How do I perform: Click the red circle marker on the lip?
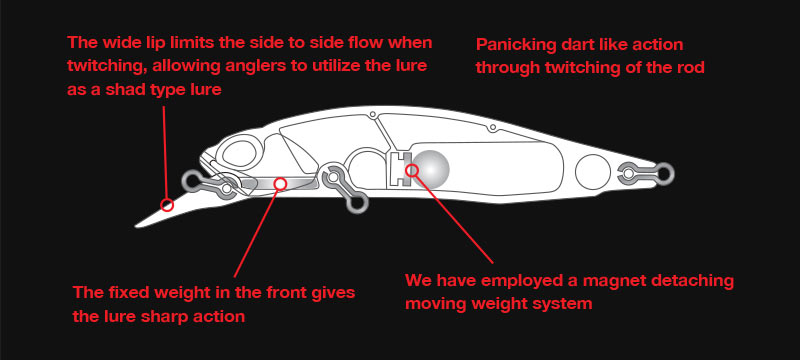(167, 205)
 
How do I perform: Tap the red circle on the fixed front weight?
(280, 183)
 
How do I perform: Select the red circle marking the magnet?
(412, 170)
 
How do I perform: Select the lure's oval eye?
(239, 153)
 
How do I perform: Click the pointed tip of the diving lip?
(136, 225)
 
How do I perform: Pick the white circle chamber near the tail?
(593, 171)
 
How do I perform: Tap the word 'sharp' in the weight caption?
(140, 317)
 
